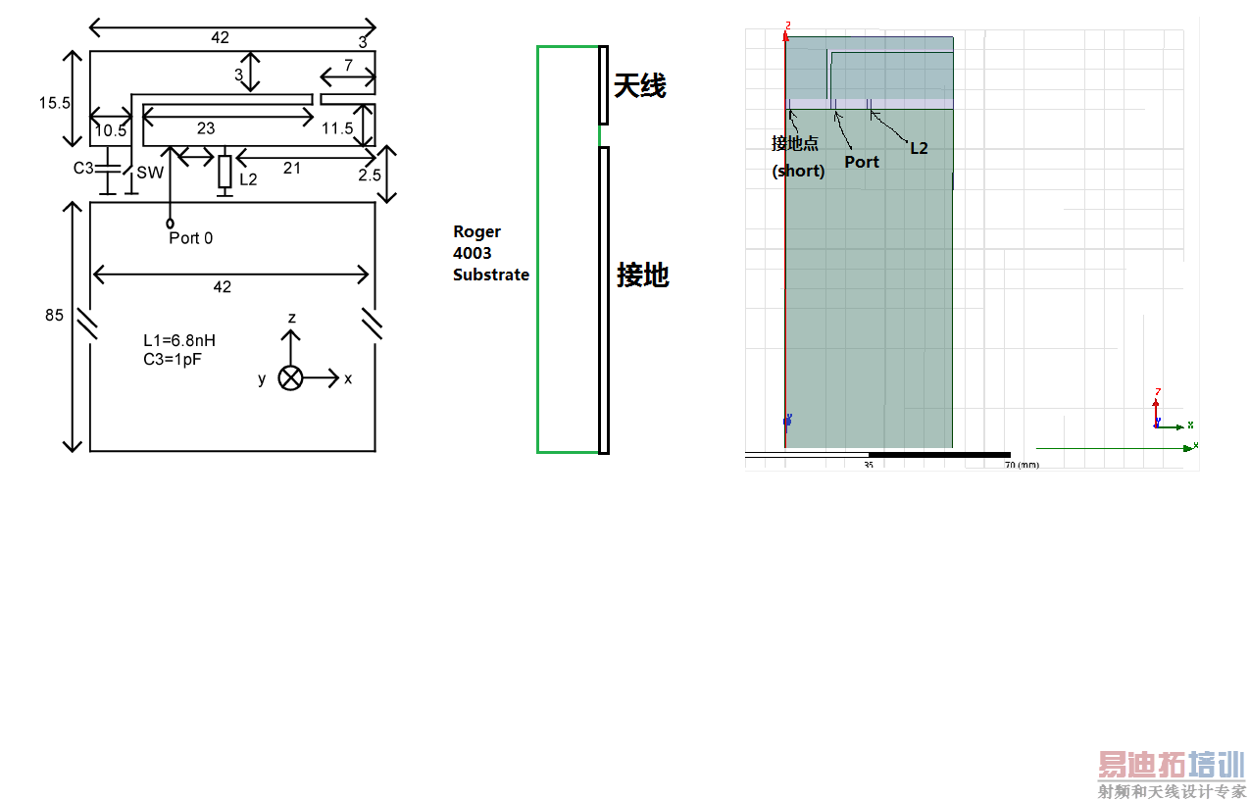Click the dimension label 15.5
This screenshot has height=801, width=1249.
[x=55, y=103]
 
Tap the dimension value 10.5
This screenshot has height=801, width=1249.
[x=110, y=130]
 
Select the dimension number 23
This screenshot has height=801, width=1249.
[x=206, y=128]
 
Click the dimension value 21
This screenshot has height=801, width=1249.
[x=291, y=169]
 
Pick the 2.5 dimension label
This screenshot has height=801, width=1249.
[x=370, y=175]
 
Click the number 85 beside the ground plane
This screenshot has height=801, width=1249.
[x=55, y=316]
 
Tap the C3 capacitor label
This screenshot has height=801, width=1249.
[x=84, y=169]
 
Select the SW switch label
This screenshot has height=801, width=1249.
[x=150, y=173]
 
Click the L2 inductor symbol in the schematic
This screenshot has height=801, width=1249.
[x=225, y=172]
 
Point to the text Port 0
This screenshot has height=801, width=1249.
[x=190, y=238]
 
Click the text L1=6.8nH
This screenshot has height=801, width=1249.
[x=179, y=340]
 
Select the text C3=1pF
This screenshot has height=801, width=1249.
[x=173, y=359]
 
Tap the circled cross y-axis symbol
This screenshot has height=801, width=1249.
[x=290, y=378]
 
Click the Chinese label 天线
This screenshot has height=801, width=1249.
[x=640, y=86]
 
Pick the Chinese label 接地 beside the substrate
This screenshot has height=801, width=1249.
[x=642, y=275]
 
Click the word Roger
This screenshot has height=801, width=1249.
[x=476, y=232]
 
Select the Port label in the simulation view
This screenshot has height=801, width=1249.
[x=862, y=162]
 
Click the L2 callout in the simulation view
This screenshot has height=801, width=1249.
[x=919, y=148]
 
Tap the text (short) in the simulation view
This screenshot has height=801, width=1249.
[x=798, y=170]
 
